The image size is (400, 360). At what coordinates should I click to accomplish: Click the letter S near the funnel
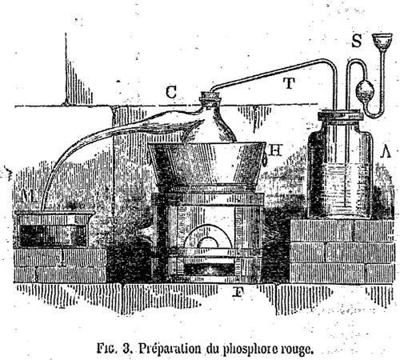(x=356, y=41)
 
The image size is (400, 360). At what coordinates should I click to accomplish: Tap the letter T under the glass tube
(x=290, y=83)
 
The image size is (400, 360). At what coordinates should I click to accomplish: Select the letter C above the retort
(x=171, y=92)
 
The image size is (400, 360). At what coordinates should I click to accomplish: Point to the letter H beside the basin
(x=275, y=150)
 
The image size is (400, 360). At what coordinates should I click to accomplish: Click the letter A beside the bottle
(x=386, y=152)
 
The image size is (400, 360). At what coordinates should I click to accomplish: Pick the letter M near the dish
(x=29, y=195)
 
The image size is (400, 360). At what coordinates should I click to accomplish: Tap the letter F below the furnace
(x=238, y=292)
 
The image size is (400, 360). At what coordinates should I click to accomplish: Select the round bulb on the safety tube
(x=365, y=90)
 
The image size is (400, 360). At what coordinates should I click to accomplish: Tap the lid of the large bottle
(x=340, y=116)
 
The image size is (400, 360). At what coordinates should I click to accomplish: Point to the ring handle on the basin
(x=265, y=159)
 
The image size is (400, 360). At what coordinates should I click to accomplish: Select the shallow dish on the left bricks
(x=54, y=229)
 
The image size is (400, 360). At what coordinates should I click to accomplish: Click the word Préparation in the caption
(x=170, y=349)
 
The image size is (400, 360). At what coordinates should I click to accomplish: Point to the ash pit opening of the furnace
(x=209, y=269)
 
